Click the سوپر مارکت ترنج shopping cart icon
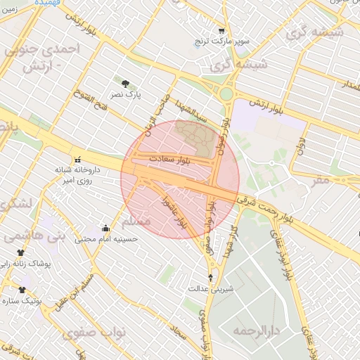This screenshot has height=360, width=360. (221, 31)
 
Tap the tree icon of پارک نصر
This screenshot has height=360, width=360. (126, 83)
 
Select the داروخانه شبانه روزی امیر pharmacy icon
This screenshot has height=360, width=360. (78, 159)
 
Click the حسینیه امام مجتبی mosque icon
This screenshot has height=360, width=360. (106, 228)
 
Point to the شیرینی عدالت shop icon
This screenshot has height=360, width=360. (210, 278)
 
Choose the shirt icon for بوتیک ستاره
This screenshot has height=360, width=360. (22, 289)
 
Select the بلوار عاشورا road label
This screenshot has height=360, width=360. (174, 212)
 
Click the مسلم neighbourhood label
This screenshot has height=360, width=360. (136, 222)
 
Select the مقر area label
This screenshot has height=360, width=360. (320, 179)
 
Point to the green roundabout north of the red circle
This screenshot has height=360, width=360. (226, 94)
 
